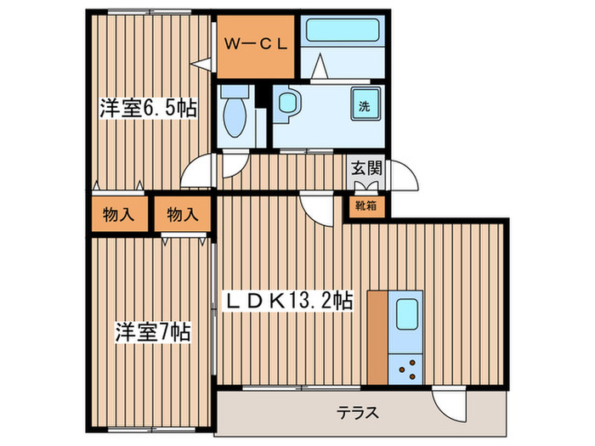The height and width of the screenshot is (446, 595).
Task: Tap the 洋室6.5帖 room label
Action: pos(149,109)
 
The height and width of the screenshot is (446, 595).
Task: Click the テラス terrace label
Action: pos(358,414)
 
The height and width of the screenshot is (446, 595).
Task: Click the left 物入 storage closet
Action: pos(118,215)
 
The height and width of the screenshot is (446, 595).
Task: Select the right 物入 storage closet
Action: pos(181,215)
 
